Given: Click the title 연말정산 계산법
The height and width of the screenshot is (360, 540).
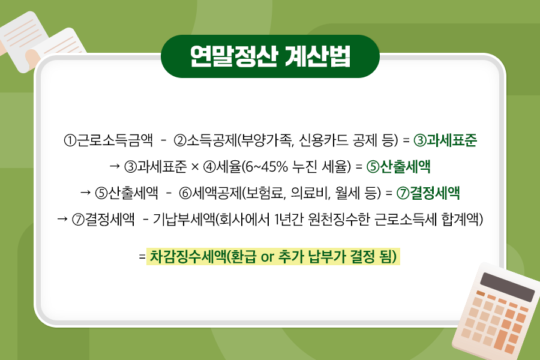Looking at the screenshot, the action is click(270, 56).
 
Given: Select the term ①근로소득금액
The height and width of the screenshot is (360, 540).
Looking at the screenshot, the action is click(108, 140).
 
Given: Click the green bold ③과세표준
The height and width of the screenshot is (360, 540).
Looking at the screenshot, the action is click(445, 140).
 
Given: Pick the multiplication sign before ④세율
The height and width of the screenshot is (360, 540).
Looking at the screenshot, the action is click(195, 167).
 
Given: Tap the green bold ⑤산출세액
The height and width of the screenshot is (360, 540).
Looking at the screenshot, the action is click(398, 167).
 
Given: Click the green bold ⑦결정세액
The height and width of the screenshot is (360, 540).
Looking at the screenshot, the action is click(428, 193).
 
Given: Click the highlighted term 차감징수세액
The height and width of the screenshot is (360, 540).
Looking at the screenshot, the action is click(188, 257).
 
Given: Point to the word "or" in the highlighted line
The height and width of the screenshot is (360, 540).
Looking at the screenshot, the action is click(267, 257).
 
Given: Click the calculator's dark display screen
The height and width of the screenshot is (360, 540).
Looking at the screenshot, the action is click(507, 287).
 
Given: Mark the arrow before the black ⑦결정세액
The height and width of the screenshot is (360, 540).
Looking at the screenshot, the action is click(62, 219).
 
